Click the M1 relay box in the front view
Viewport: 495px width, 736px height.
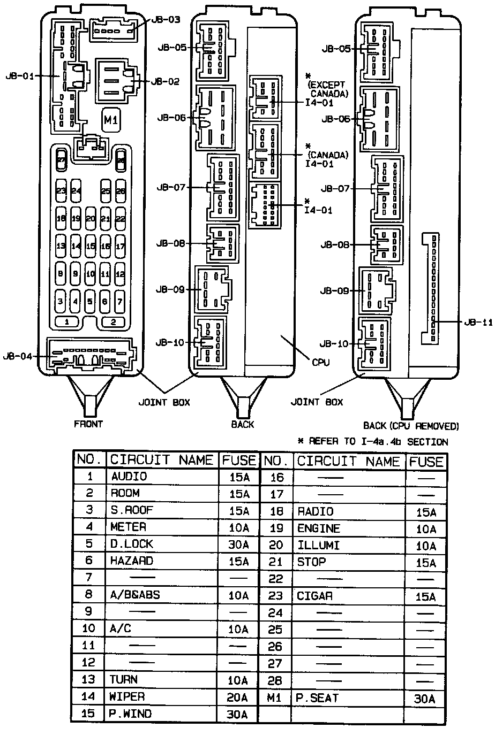tap(111, 120)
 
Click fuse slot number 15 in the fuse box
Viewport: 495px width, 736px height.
tap(90, 247)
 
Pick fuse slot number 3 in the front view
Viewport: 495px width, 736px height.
tap(61, 302)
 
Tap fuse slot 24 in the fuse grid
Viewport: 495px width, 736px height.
tap(76, 191)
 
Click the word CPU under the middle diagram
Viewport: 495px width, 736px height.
tap(320, 362)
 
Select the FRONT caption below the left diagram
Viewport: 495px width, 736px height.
tap(88, 424)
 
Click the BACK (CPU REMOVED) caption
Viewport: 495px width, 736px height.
tap(411, 426)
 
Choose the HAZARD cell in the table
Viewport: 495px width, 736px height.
tap(132, 561)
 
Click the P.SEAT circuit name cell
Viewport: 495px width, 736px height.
tap(317, 698)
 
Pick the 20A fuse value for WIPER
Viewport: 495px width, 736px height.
tap(238, 697)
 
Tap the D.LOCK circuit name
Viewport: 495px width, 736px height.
tap(132, 544)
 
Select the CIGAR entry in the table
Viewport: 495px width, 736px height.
tap(315, 596)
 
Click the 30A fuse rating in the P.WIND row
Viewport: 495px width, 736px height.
tap(238, 715)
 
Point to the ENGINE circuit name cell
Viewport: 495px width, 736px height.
tap(319, 528)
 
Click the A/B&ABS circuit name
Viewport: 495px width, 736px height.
tap(135, 595)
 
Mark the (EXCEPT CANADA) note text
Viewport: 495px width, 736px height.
tap(328, 89)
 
